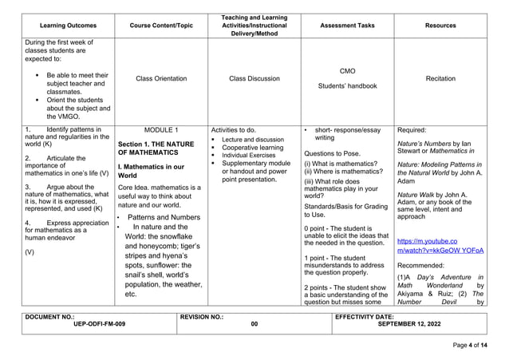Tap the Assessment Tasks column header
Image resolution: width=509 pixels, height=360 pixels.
347,26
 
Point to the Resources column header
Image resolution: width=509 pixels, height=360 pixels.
440,26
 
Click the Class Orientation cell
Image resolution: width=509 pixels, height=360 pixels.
161,79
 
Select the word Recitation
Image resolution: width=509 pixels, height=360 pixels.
440,79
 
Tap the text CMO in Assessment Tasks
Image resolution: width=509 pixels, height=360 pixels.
347,71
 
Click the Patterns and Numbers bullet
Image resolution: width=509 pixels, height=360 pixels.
164,217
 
